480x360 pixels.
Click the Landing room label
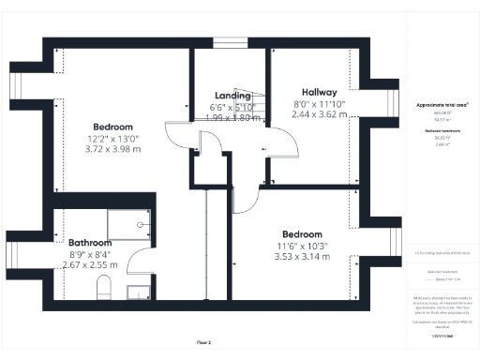(x=232, y=96)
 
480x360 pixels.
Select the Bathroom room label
(x=89, y=242)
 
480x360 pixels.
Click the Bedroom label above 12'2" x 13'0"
(x=112, y=127)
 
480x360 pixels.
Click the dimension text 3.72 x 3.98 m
(x=112, y=148)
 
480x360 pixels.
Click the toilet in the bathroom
(x=105, y=287)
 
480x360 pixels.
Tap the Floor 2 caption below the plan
(x=204, y=343)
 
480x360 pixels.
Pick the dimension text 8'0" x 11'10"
(x=314, y=103)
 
